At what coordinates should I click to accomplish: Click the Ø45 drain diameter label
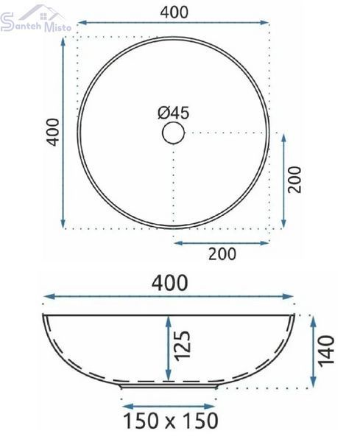174,113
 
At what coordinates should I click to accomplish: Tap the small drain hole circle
174,133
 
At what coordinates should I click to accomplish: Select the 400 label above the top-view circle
174,13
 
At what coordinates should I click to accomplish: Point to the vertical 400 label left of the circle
53,132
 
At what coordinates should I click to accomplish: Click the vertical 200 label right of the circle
294,180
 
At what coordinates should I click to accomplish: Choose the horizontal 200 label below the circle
222,254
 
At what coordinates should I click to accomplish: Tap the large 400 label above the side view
170,283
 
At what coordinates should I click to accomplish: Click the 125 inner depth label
183,345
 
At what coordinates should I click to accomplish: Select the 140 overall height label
327,351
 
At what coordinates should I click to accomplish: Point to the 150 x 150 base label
171,421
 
